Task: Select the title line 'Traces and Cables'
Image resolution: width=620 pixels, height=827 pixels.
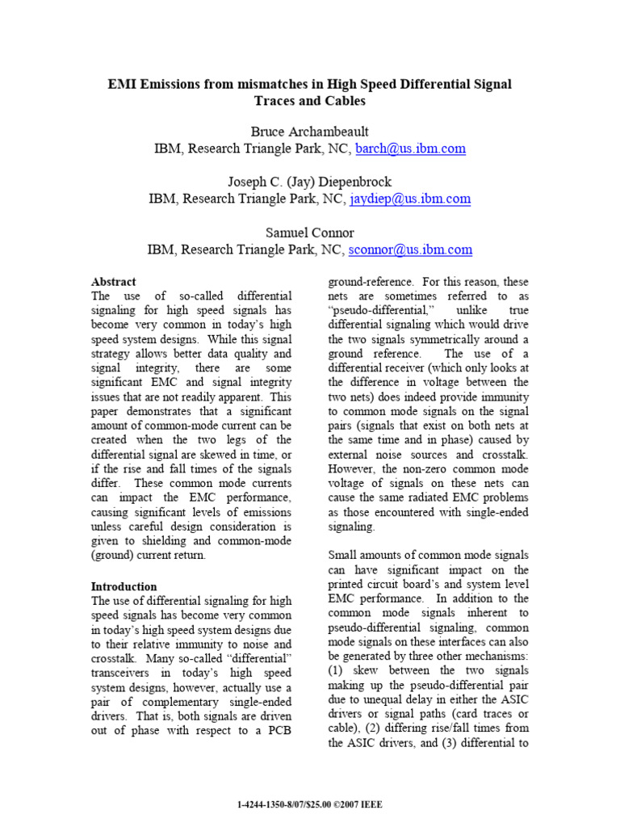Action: (309, 101)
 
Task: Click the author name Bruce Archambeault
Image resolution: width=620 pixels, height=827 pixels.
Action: (309, 132)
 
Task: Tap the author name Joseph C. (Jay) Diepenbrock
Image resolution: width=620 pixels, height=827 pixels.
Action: (309, 182)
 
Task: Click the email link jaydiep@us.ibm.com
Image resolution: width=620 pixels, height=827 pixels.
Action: (409, 199)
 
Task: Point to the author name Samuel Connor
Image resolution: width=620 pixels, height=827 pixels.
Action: (309, 233)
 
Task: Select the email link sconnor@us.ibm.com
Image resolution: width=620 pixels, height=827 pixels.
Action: (409, 250)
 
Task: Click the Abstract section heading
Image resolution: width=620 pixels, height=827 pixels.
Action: (114, 282)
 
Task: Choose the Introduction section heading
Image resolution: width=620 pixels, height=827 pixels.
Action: (124, 586)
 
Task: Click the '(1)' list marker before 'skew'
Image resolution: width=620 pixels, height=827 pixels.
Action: (338, 671)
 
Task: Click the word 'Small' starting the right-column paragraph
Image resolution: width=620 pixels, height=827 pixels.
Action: (344, 556)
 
